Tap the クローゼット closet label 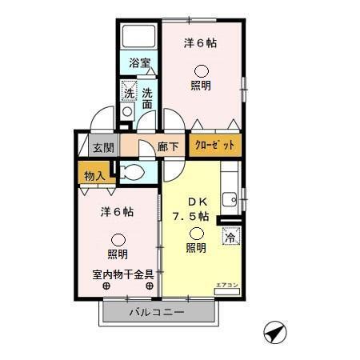(x=214, y=146)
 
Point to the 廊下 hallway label (x=168, y=147)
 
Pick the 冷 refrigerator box (x=230, y=237)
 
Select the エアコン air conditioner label (x=228, y=286)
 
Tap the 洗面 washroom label (x=148, y=98)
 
